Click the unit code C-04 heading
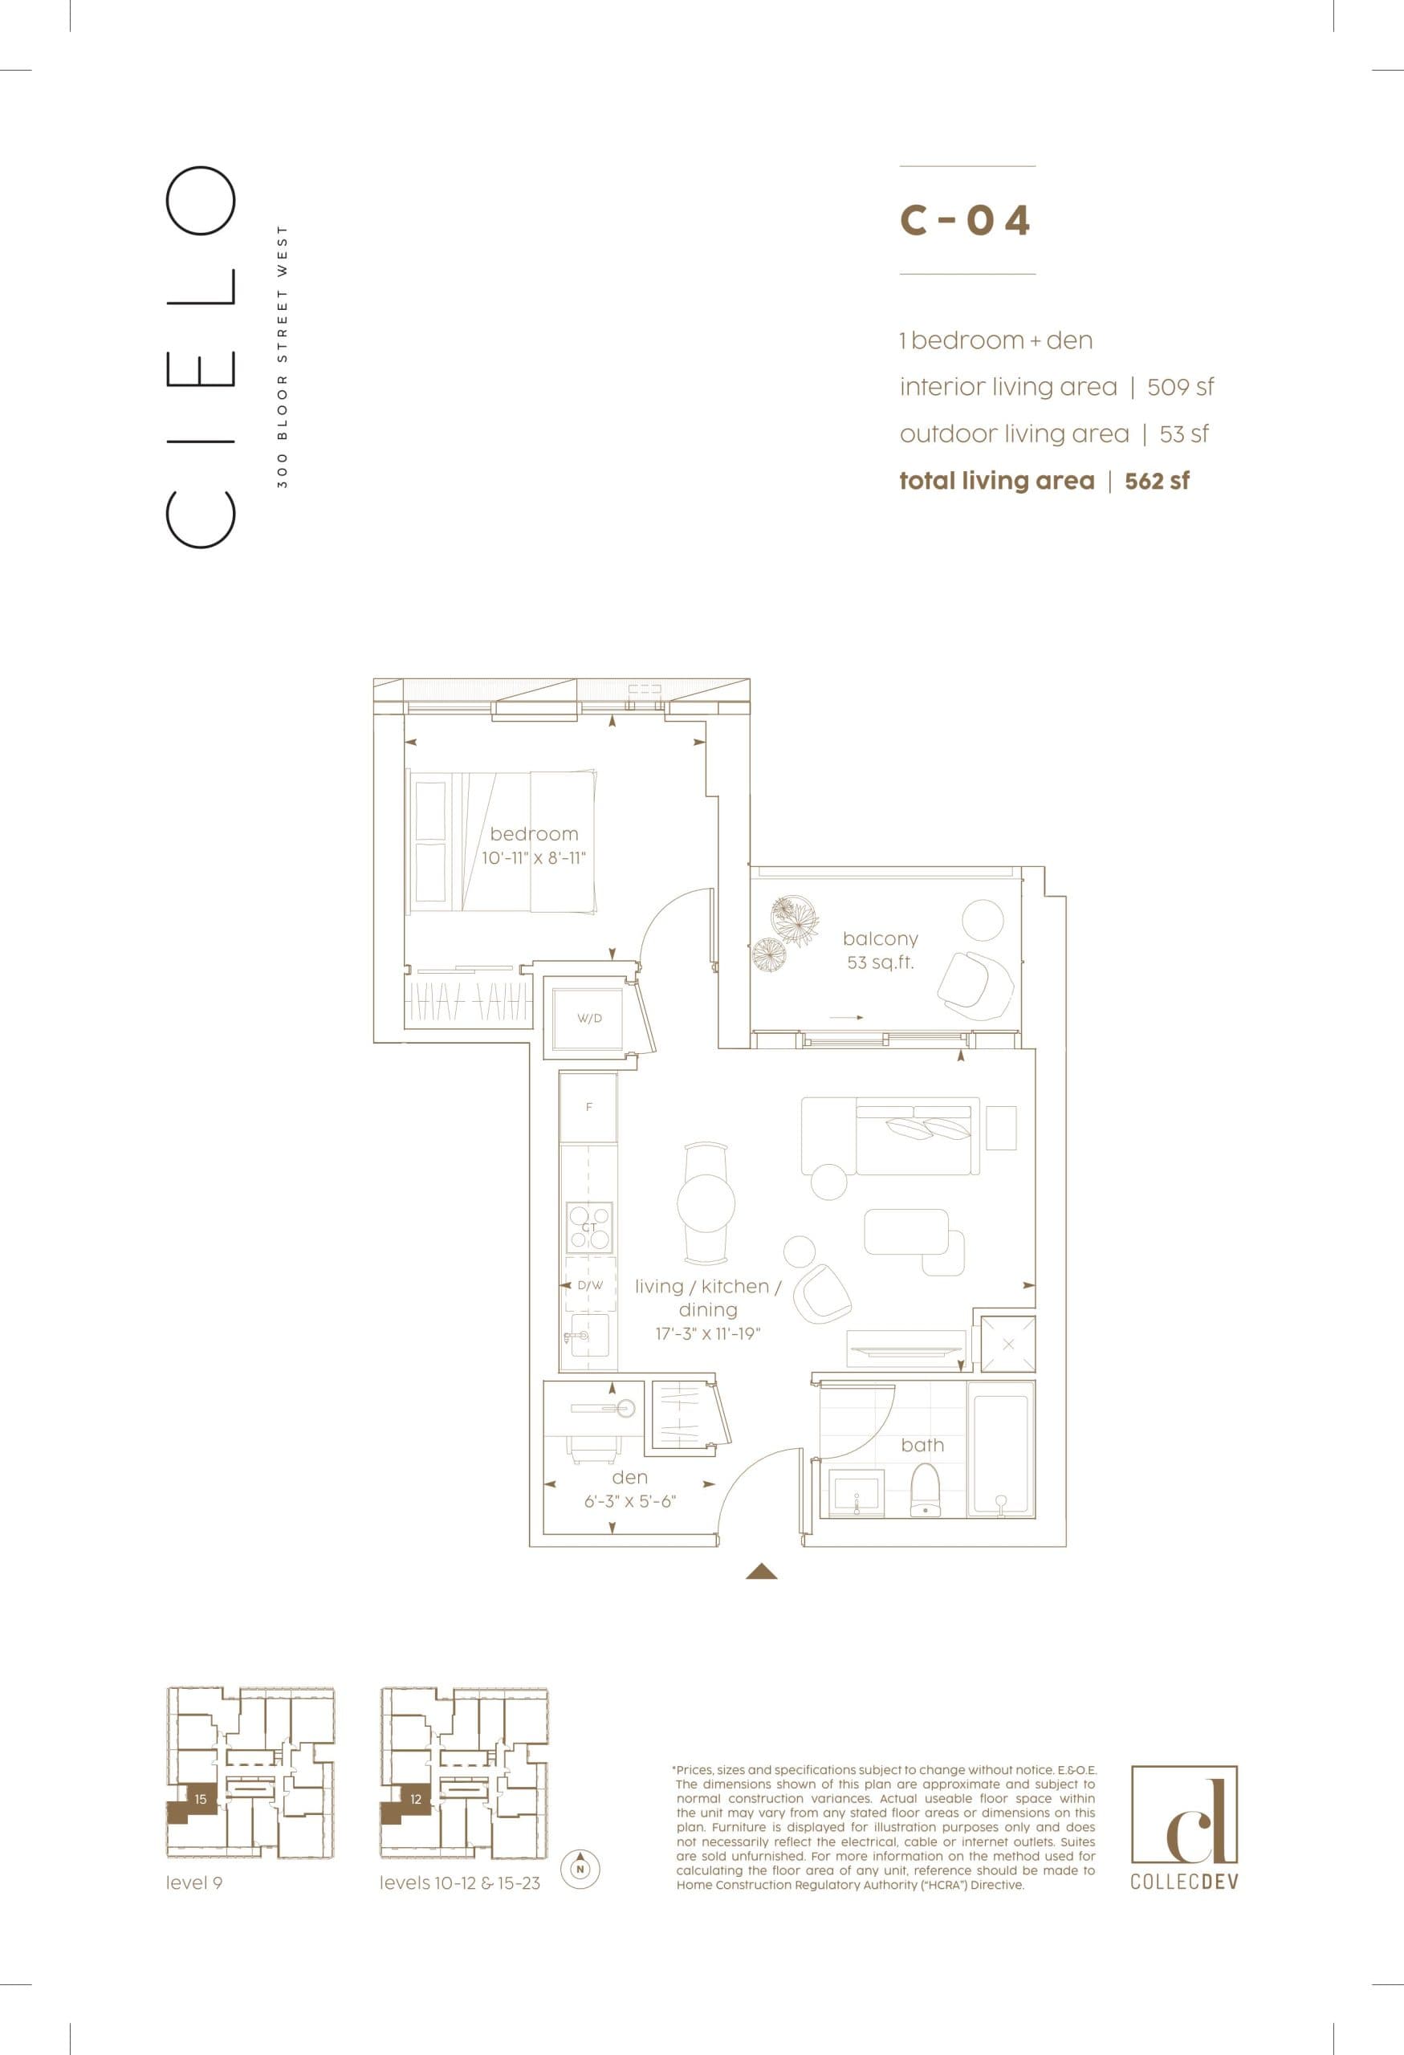point(966,220)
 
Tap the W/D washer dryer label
point(590,1018)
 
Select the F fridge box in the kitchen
point(589,1107)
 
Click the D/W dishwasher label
point(590,1285)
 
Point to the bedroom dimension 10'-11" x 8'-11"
point(534,858)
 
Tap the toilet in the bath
point(926,1490)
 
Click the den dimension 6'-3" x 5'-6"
point(630,1500)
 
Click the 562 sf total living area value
point(1157,481)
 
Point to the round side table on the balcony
point(983,920)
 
